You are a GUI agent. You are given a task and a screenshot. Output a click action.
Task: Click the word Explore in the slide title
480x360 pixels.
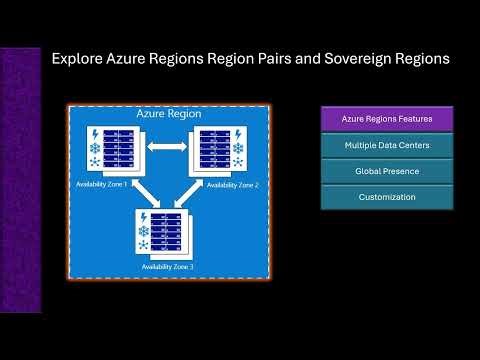(x=79, y=60)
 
